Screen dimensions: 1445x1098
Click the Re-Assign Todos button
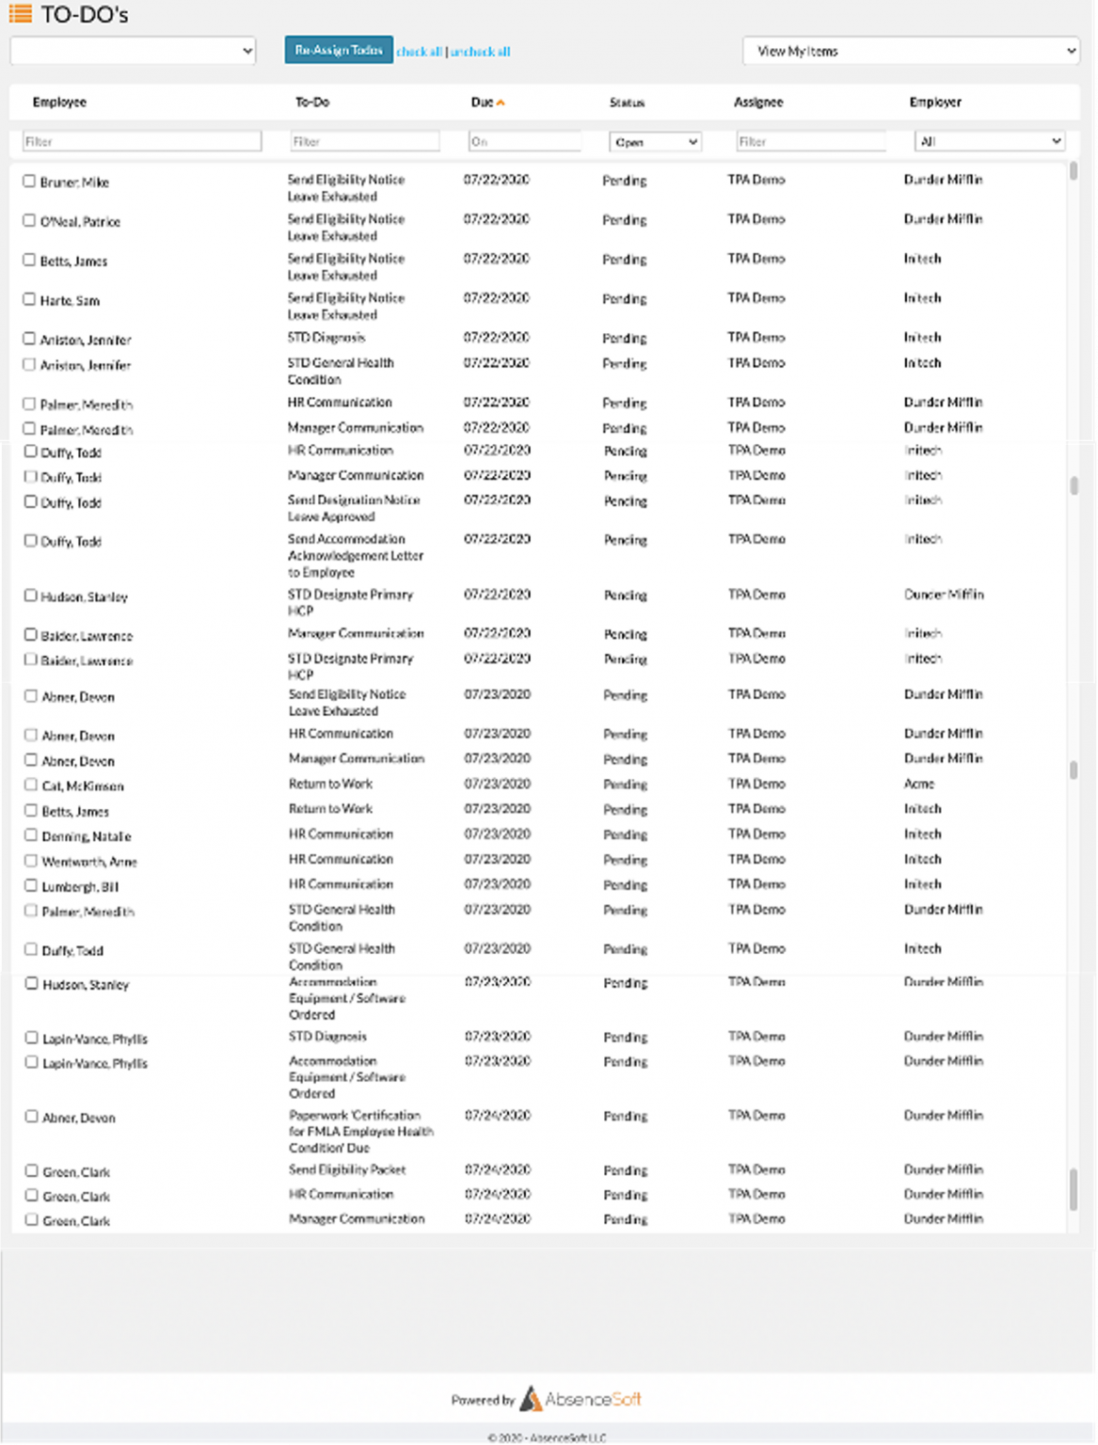pos(339,50)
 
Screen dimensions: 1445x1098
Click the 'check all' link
pos(419,52)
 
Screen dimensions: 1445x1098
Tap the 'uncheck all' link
pos(481,52)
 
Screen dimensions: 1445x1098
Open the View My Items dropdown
pos(911,51)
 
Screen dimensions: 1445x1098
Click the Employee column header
pos(59,102)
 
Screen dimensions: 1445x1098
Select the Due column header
pos(483,102)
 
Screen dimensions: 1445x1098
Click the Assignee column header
pos(758,102)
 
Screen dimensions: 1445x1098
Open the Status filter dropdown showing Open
pos(655,142)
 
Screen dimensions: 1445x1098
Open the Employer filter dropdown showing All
pos(989,141)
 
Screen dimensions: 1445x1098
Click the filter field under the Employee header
pos(141,141)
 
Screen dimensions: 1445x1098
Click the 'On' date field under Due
pos(524,141)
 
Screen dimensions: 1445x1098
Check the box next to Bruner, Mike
pos(29,181)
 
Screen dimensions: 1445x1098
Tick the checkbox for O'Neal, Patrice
pos(29,220)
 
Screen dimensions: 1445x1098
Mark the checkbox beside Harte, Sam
pos(29,299)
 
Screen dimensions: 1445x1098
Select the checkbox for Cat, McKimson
pos(31,785)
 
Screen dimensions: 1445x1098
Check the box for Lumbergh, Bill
pos(31,885)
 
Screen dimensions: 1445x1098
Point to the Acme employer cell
pos(919,784)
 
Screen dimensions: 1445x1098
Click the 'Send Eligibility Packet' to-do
pos(347,1169)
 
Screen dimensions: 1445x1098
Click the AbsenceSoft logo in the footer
pos(580,1399)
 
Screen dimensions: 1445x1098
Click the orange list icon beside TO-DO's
pos(20,14)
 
